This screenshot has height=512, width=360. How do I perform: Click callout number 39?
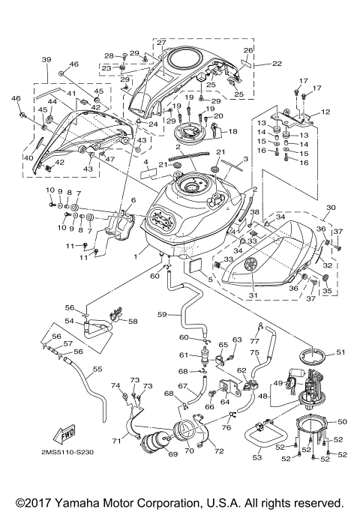[46, 59]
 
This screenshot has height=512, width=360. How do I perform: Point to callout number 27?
[161, 43]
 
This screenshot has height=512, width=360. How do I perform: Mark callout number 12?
[325, 112]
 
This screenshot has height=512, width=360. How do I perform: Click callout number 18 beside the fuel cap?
[232, 131]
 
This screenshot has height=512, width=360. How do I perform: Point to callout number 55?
[96, 369]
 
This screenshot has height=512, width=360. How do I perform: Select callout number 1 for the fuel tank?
[135, 257]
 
